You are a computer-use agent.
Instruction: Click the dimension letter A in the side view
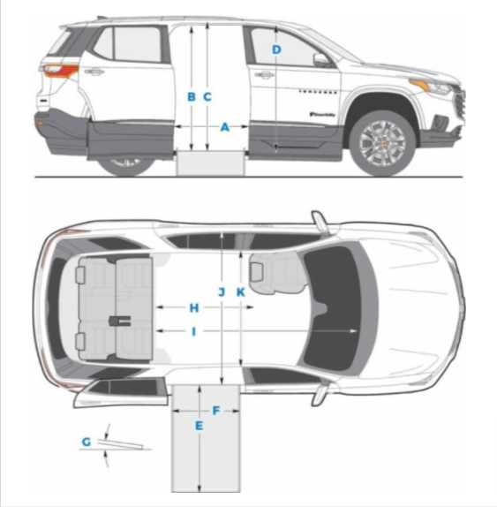pyautogui.click(x=224, y=127)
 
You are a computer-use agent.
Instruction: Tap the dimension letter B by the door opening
pyautogui.click(x=191, y=96)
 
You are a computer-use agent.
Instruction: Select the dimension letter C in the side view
pyautogui.click(x=207, y=96)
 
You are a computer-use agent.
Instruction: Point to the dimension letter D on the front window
pyautogui.click(x=276, y=49)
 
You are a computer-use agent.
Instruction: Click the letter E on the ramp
pyautogui.click(x=200, y=427)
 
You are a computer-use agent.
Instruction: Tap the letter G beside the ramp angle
pyautogui.click(x=86, y=441)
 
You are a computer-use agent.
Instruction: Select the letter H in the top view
pyautogui.click(x=194, y=307)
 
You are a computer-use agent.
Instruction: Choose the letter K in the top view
pyautogui.click(x=239, y=291)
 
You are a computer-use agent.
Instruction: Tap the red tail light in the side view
pyautogui.click(x=59, y=71)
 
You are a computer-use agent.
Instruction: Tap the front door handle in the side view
pyautogui.click(x=263, y=74)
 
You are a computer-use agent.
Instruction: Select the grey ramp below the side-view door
pyautogui.click(x=210, y=163)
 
